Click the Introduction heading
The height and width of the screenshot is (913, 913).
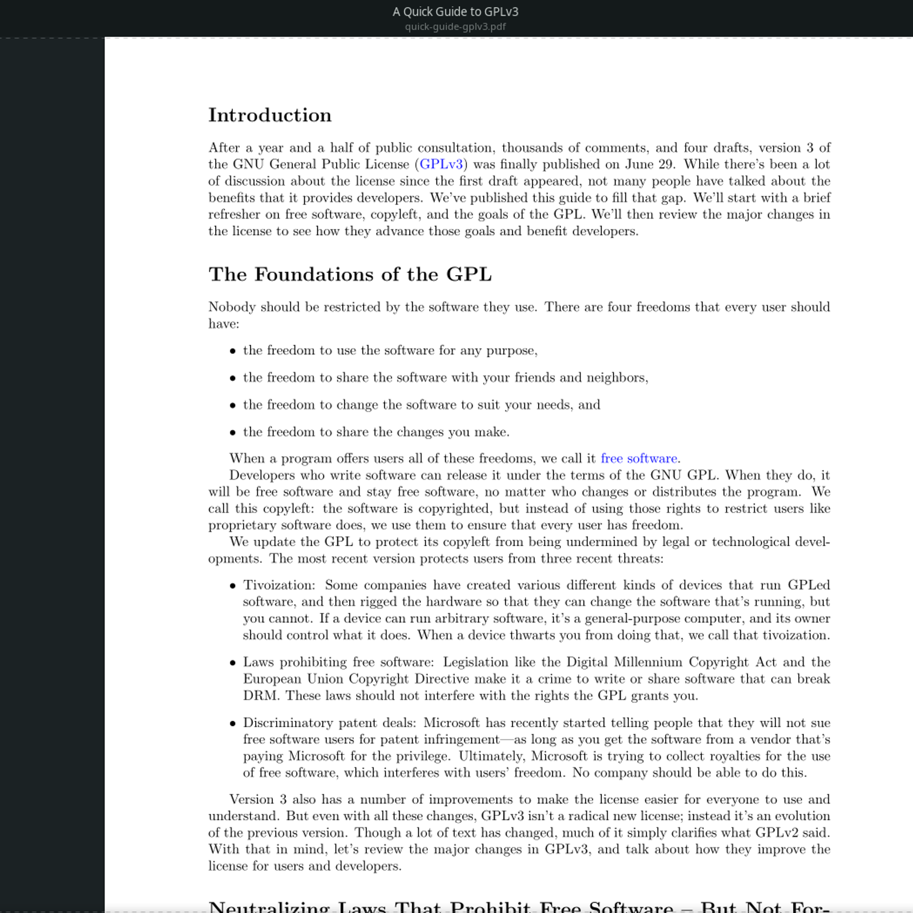tap(269, 115)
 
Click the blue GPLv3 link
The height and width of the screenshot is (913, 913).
tap(441, 164)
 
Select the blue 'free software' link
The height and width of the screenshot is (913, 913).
tap(639, 458)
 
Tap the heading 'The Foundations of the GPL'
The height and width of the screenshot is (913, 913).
tap(350, 274)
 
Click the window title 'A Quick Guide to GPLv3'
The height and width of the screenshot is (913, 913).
tap(455, 11)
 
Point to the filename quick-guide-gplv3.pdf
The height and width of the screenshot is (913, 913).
tap(455, 26)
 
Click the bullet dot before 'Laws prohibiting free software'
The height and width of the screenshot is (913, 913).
tap(232, 663)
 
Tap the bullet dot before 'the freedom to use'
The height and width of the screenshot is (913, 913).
tap(232, 352)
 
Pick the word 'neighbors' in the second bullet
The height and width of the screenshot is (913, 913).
tap(616, 378)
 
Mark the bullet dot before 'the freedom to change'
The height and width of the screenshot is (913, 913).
tap(232, 406)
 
